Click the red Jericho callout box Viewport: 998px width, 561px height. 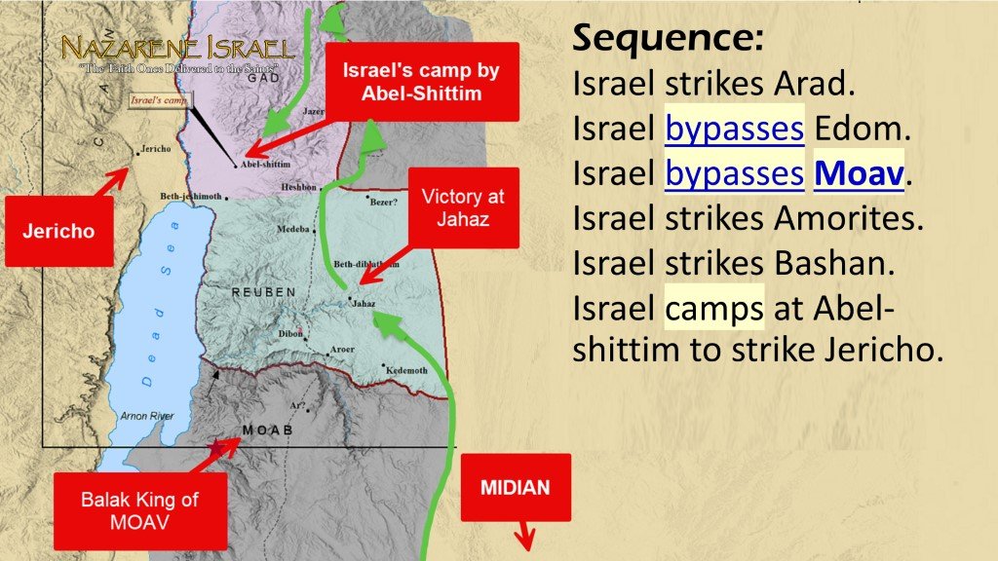click(58, 231)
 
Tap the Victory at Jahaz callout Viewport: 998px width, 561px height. click(462, 207)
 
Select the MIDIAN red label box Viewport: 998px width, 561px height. click(515, 487)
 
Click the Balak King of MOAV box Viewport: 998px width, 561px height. click(139, 511)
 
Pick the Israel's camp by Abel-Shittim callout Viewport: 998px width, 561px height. click(421, 84)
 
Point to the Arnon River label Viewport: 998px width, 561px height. click(147, 416)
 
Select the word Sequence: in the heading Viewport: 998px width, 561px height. click(668, 40)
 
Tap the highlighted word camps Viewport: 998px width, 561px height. click(714, 309)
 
